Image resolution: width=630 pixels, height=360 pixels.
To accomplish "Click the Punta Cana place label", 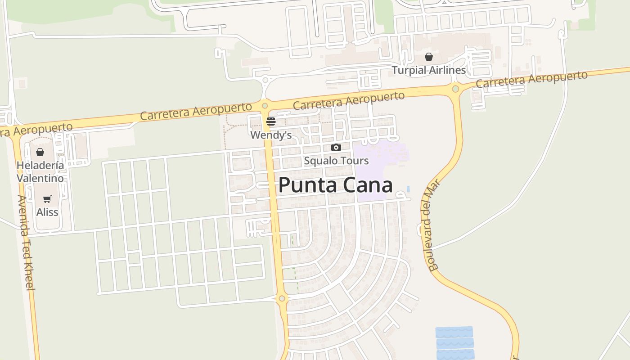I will click(x=335, y=185).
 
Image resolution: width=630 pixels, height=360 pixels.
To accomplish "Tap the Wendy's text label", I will click(x=271, y=135).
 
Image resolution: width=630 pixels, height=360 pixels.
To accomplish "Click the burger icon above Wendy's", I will click(x=271, y=121).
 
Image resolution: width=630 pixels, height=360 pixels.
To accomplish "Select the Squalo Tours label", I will click(x=336, y=161).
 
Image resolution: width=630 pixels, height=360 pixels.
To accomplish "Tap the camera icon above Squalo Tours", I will click(x=336, y=147).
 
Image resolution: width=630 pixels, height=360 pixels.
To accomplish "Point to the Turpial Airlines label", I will click(x=428, y=70).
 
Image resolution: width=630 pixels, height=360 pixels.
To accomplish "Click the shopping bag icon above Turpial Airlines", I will click(x=429, y=57).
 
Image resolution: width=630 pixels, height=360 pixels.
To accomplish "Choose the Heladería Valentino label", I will click(x=40, y=171).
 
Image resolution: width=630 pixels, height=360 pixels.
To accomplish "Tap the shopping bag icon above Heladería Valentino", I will click(x=40, y=152).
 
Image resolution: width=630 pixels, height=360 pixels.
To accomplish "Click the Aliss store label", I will click(x=47, y=212).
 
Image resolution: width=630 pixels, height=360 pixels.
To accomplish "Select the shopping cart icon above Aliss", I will click(x=47, y=199).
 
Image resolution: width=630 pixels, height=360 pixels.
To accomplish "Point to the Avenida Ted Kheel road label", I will click(x=26, y=243).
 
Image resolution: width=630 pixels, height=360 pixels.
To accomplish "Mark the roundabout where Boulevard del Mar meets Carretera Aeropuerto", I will click(x=455, y=89).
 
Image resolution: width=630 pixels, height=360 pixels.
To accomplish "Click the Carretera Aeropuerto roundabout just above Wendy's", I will click(x=265, y=106).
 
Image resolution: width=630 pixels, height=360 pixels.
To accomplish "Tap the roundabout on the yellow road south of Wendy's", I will click(x=282, y=298).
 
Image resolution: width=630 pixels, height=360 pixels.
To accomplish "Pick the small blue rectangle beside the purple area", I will click(x=408, y=189).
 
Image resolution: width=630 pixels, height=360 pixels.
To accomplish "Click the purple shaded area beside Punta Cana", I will click(x=371, y=173).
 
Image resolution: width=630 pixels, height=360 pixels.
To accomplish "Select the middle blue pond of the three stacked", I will click(x=454, y=343).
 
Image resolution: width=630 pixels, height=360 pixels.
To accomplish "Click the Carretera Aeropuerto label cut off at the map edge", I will click(x=36, y=130).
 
